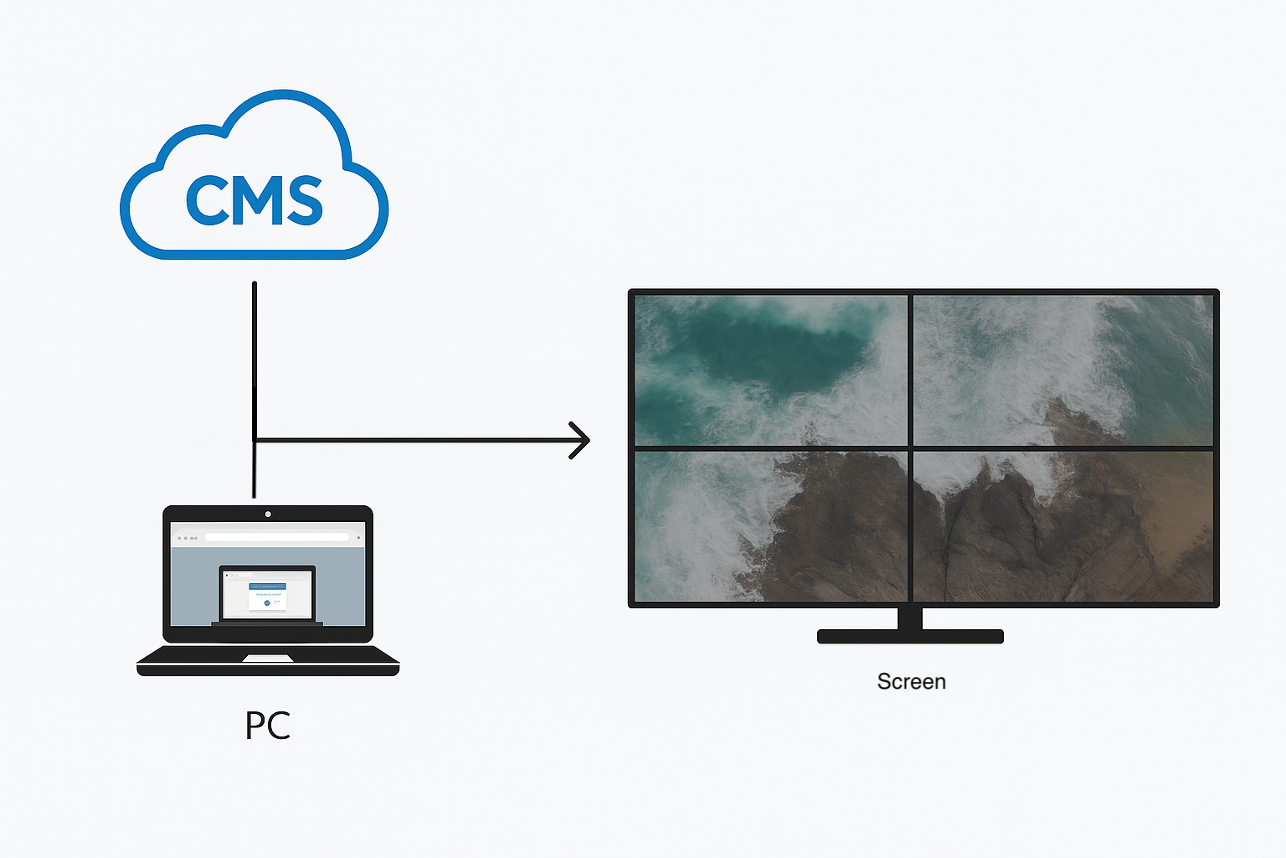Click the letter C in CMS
pos(206,201)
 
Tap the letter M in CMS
pos(253,201)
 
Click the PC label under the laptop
pos(268,726)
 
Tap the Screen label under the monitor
pos(911,681)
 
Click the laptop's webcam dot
pos(268,514)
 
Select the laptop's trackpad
pos(267,659)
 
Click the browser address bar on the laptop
pos(276,537)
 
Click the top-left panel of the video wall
pos(770,370)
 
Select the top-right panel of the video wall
pos(1062,370)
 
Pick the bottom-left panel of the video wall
pos(770,526)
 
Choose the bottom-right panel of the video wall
pos(1062,526)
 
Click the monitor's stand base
pos(910,637)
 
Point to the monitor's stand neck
pos(910,618)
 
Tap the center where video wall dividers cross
pos(910,448)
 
